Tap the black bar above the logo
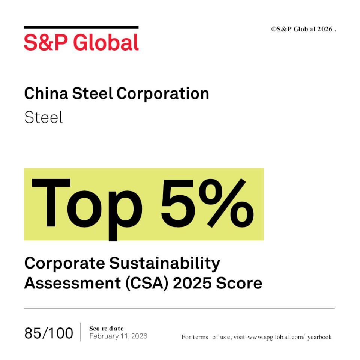81,27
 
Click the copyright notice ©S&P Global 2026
304,29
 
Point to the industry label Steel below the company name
43,117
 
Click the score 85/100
49,333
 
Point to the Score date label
106,328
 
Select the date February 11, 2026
118,336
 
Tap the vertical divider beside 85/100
81,332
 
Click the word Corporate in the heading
64,264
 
